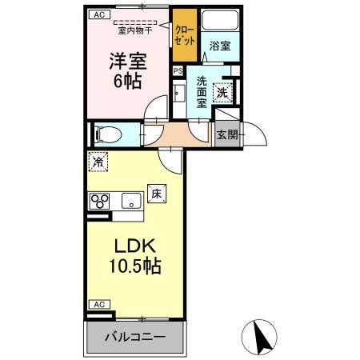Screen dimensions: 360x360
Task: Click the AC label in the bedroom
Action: coord(98,14)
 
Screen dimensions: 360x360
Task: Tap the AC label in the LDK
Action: coord(98,305)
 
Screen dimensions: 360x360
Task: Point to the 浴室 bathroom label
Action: coord(220,46)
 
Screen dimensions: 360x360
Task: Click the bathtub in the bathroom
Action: coord(220,21)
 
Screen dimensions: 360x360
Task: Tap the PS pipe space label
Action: coord(178,70)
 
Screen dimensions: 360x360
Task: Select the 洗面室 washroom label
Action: coord(202,91)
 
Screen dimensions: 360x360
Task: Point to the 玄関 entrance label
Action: coord(227,134)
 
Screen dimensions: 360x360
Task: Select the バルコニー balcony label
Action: coord(135,338)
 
